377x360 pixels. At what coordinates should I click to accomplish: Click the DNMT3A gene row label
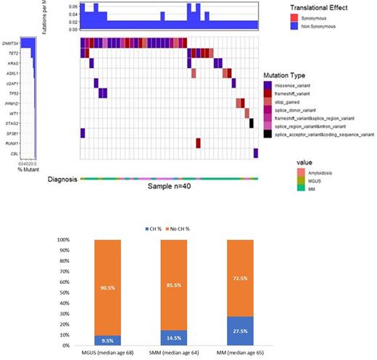click(10, 43)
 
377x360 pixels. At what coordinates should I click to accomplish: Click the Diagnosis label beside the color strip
click(62, 177)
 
